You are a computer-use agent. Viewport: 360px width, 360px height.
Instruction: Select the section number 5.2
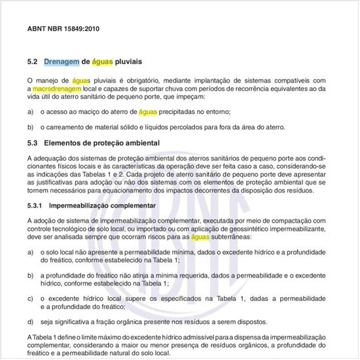click(33, 62)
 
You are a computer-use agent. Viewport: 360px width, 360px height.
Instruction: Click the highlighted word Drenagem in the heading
click(62, 62)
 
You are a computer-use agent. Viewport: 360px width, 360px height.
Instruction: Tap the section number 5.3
click(33, 143)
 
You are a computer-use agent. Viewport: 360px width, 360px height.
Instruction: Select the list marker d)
click(31, 321)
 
